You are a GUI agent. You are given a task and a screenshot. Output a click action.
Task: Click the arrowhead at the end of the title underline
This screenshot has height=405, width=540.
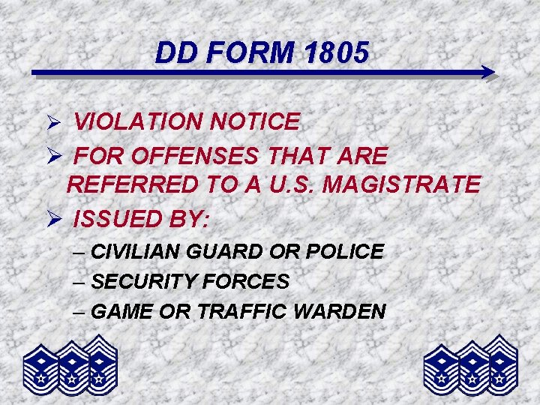[488, 73]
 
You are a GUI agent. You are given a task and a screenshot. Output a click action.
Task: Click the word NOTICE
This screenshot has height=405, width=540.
[258, 121]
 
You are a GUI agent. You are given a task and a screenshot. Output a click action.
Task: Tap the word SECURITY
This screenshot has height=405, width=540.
[138, 282]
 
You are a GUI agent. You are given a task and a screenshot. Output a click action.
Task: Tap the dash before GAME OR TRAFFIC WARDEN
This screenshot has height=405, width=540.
[80, 311]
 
